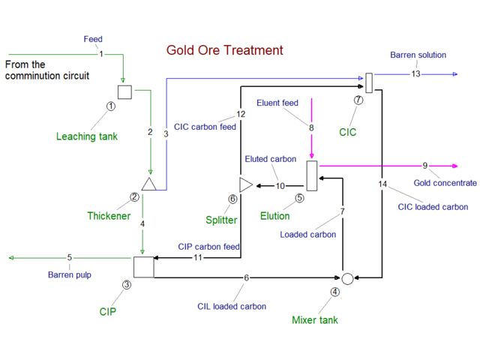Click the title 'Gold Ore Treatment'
coord(225,51)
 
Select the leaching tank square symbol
coord(125,91)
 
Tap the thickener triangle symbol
coord(148,184)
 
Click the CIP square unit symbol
coord(143,267)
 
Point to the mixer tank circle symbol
coord(347,278)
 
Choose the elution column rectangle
coord(312,175)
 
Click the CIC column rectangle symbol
coord(369,82)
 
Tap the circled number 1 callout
coord(111,106)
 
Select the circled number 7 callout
coord(358,100)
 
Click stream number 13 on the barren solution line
coord(415,74)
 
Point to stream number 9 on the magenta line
coord(425,166)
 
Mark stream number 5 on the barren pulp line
coord(69,258)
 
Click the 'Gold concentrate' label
coord(445,182)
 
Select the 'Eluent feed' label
coord(279,103)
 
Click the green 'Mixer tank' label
coord(315,320)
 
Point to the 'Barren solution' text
coord(418,55)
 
